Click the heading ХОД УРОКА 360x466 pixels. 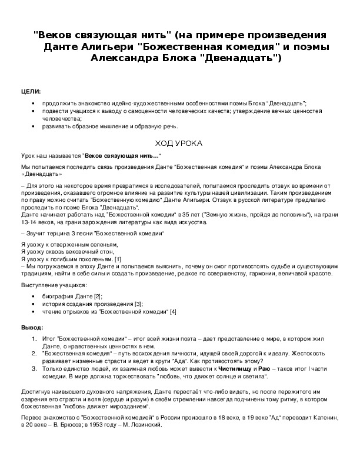click(x=179, y=143)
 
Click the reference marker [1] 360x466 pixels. click(x=118, y=259)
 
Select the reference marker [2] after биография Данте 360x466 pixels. click(x=98, y=296)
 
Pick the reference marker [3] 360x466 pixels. click(x=138, y=304)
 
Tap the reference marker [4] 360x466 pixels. click(x=173, y=311)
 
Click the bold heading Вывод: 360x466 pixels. click(x=32, y=327)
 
